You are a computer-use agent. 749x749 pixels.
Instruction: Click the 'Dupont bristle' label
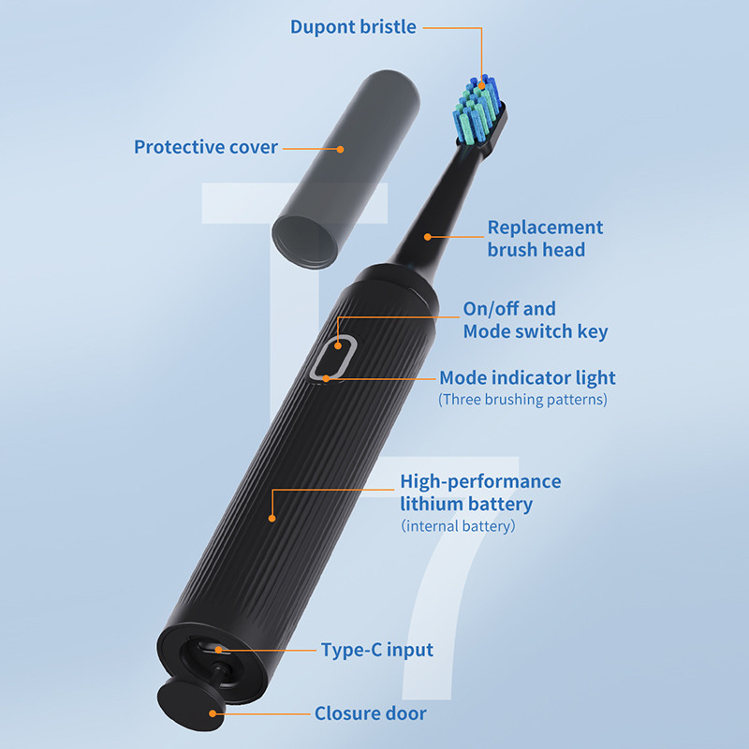(x=353, y=26)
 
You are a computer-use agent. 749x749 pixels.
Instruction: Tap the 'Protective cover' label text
(x=206, y=147)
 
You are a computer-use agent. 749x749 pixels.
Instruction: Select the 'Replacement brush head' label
(x=545, y=238)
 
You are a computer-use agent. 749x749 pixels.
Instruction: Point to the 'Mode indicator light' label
(x=527, y=378)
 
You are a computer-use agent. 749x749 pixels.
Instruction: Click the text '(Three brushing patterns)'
(x=522, y=400)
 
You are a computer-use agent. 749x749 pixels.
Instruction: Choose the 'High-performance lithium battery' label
(x=480, y=492)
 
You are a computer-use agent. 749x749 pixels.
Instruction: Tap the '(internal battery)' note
(x=458, y=526)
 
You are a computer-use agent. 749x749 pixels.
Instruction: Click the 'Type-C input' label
(x=376, y=650)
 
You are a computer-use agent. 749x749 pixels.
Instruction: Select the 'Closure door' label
(x=370, y=714)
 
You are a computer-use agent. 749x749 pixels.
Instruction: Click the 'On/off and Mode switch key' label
(x=535, y=319)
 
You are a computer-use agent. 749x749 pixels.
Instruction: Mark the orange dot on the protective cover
(x=340, y=148)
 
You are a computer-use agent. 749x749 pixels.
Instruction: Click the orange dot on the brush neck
(x=427, y=237)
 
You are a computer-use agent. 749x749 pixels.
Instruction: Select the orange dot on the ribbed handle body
(x=272, y=517)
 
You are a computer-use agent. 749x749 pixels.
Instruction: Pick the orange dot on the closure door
(x=213, y=713)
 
